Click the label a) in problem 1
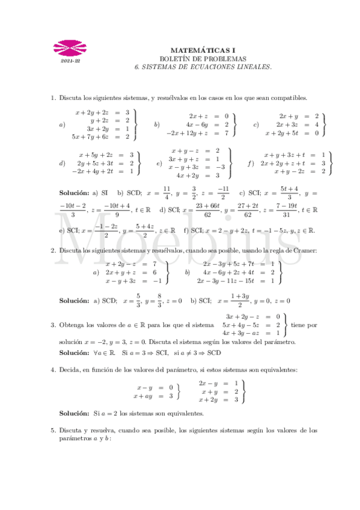62,124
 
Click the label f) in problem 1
251,163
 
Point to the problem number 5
53,431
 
